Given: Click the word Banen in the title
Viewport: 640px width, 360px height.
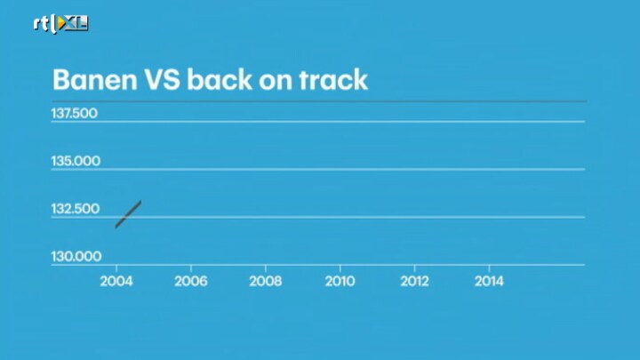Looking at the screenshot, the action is (x=95, y=80).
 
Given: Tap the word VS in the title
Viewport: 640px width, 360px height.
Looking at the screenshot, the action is (x=162, y=80).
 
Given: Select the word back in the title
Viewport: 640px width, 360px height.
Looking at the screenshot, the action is (x=220, y=79).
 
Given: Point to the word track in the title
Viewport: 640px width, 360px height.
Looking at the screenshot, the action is (x=333, y=79).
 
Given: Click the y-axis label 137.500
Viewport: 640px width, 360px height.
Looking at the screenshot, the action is (x=75, y=113).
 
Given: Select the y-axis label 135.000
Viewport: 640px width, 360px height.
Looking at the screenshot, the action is (x=76, y=161).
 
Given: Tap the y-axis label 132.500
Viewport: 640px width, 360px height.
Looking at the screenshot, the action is (x=75, y=209).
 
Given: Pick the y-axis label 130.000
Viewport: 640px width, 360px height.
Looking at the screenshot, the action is (x=76, y=256).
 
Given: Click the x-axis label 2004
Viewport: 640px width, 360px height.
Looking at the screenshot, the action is (x=116, y=281).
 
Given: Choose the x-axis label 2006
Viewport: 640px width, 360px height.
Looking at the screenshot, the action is (x=190, y=281).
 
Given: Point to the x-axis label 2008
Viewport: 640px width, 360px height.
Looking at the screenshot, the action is (x=265, y=281).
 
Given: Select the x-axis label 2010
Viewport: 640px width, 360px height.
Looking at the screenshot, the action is (x=340, y=281).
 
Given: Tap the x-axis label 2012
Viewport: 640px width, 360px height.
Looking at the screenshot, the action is (x=414, y=281).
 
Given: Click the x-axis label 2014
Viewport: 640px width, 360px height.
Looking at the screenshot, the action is (x=489, y=281).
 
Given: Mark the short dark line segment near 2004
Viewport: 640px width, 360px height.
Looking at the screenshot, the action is (x=128, y=214).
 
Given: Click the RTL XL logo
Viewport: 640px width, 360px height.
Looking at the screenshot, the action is (x=60, y=24).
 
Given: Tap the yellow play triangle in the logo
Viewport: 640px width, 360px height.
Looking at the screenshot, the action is (x=62, y=23).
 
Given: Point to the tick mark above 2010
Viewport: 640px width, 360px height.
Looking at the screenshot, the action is (x=340, y=268).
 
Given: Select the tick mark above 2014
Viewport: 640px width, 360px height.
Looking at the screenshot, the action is (x=490, y=268).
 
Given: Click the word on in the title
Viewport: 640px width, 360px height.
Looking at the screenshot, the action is (x=276, y=81).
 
